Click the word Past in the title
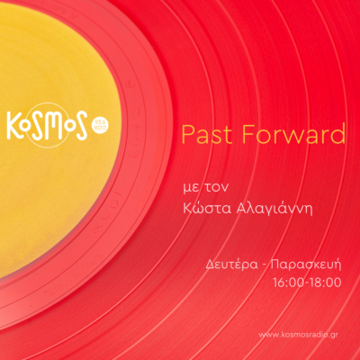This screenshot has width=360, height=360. click(207, 134)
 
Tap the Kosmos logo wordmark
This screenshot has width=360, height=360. click(47, 125)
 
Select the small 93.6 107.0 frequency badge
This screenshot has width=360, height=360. click(100, 125)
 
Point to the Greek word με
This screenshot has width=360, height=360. click(191, 187)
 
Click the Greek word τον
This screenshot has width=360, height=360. click(216, 187)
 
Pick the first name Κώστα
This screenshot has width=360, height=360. click(207, 208)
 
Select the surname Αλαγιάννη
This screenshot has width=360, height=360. click(274, 209)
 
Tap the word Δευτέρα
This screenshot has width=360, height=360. click(231, 265)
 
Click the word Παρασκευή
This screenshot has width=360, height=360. click(306, 265)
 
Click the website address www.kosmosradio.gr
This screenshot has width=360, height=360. click(298, 335)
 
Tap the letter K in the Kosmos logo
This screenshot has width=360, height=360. click(13, 125)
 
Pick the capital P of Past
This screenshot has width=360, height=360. click(188, 134)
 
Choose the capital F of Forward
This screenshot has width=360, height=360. click(249, 134)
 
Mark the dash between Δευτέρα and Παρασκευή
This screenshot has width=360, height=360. click(264, 266)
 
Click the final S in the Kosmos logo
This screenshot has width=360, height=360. click(80, 126)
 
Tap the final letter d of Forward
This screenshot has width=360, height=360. click(338, 133)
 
